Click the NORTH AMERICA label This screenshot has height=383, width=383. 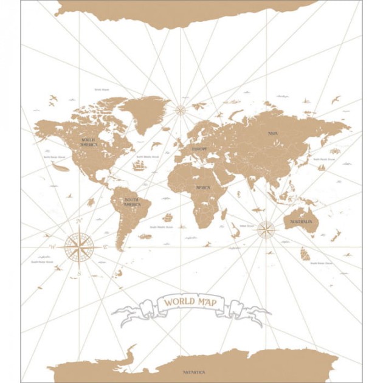[89, 142]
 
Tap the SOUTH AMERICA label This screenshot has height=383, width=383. [132, 202]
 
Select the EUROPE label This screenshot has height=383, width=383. [199, 149]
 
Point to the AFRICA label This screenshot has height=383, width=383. [202, 187]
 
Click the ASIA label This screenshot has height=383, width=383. [273, 133]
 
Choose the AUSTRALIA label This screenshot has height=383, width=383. [301, 222]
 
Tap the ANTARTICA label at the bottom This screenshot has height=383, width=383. [194, 372]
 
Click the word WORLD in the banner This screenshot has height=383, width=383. [178, 302]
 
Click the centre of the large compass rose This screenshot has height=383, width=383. [78, 247]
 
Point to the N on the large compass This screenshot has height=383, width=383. [78, 220]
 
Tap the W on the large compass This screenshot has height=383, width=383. [52, 247]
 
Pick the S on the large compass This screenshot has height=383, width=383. [79, 274]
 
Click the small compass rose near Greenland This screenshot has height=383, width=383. [181, 110]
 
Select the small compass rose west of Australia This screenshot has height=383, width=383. [266, 230]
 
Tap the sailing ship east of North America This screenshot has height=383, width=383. [139, 165]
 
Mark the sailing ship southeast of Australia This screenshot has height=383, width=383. [305, 254]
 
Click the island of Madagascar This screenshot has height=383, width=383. [224, 213]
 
